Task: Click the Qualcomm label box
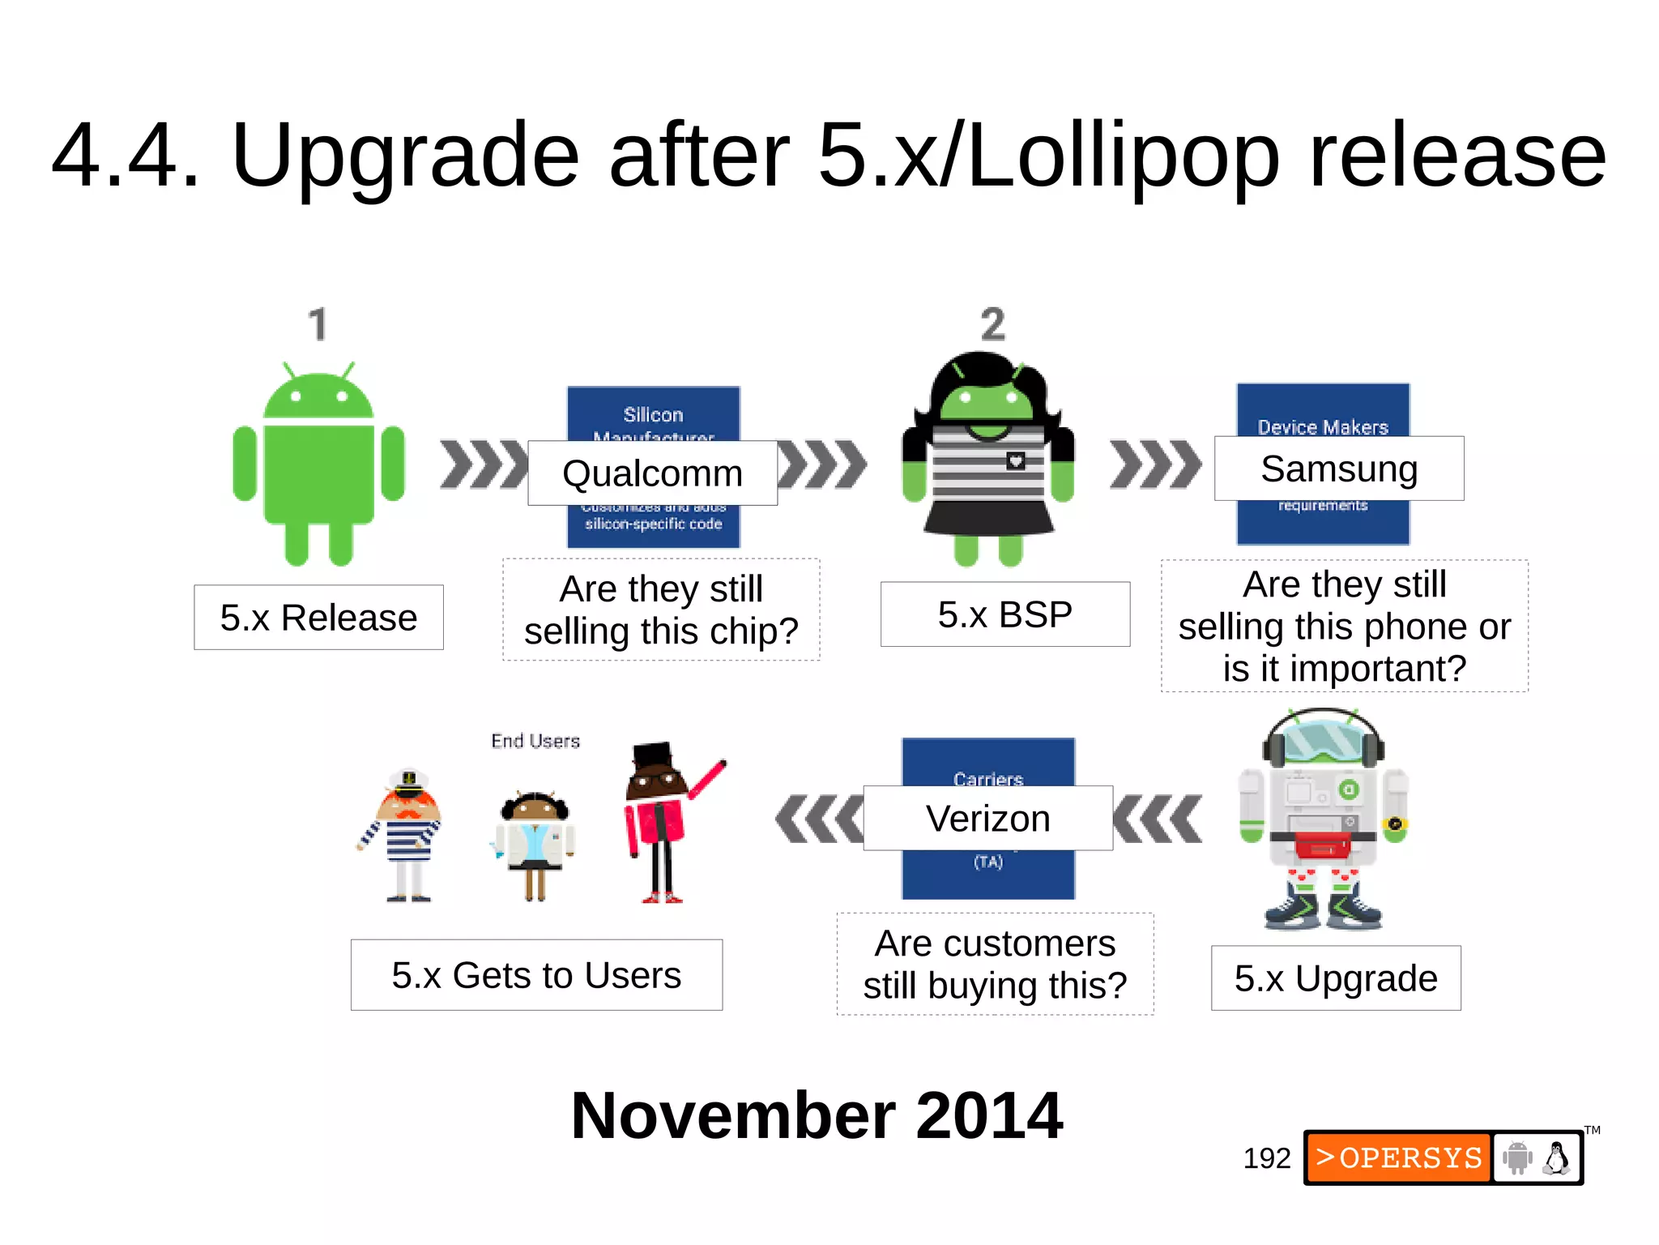pyautogui.click(x=652, y=473)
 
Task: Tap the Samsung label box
pyautogui.click(x=1338, y=468)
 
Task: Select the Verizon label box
pyautogui.click(x=987, y=818)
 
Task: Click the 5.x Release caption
pyautogui.click(x=318, y=618)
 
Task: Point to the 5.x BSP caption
pyautogui.click(x=1004, y=614)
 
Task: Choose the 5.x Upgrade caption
pyautogui.click(x=1335, y=978)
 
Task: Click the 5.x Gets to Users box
pyautogui.click(x=536, y=975)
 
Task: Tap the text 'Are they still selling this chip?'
pyautogui.click(x=661, y=610)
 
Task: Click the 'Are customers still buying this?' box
pyautogui.click(x=995, y=965)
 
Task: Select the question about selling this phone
pyautogui.click(x=1344, y=626)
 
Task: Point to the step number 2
pyautogui.click(x=992, y=324)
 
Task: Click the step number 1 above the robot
pyautogui.click(x=318, y=324)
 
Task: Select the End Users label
pyautogui.click(x=535, y=741)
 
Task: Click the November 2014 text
pyautogui.click(x=817, y=1116)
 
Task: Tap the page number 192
pyautogui.click(x=1266, y=1158)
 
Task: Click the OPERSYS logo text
pyautogui.click(x=1399, y=1157)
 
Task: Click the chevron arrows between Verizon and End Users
pyautogui.click(x=818, y=819)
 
